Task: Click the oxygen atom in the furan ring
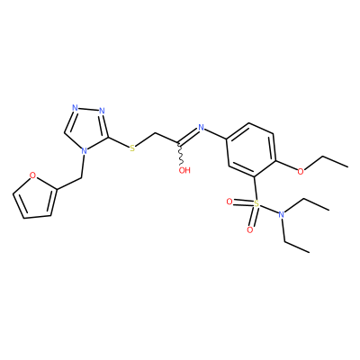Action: pos(33,175)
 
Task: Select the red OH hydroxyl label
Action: pos(184,170)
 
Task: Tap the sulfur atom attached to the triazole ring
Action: pos(132,148)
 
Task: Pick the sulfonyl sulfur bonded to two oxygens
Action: pos(256,204)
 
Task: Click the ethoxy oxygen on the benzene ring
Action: pos(301,171)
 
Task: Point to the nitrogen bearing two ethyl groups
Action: pos(281,214)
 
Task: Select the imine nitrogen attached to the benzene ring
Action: pos(201,128)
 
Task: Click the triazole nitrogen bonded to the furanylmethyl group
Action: pos(85,150)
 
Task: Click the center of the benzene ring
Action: pos(251,150)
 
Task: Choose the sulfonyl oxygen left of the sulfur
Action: pos(229,202)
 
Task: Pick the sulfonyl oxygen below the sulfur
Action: pos(249,230)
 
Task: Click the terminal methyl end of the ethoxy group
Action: pos(348,166)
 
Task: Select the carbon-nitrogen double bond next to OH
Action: pos(188,135)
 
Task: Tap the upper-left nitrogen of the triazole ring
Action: pos(75,108)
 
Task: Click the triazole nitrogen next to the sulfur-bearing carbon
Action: pos(102,111)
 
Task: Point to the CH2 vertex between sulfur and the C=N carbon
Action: pos(156,133)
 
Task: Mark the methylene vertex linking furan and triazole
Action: pos(81,178)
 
